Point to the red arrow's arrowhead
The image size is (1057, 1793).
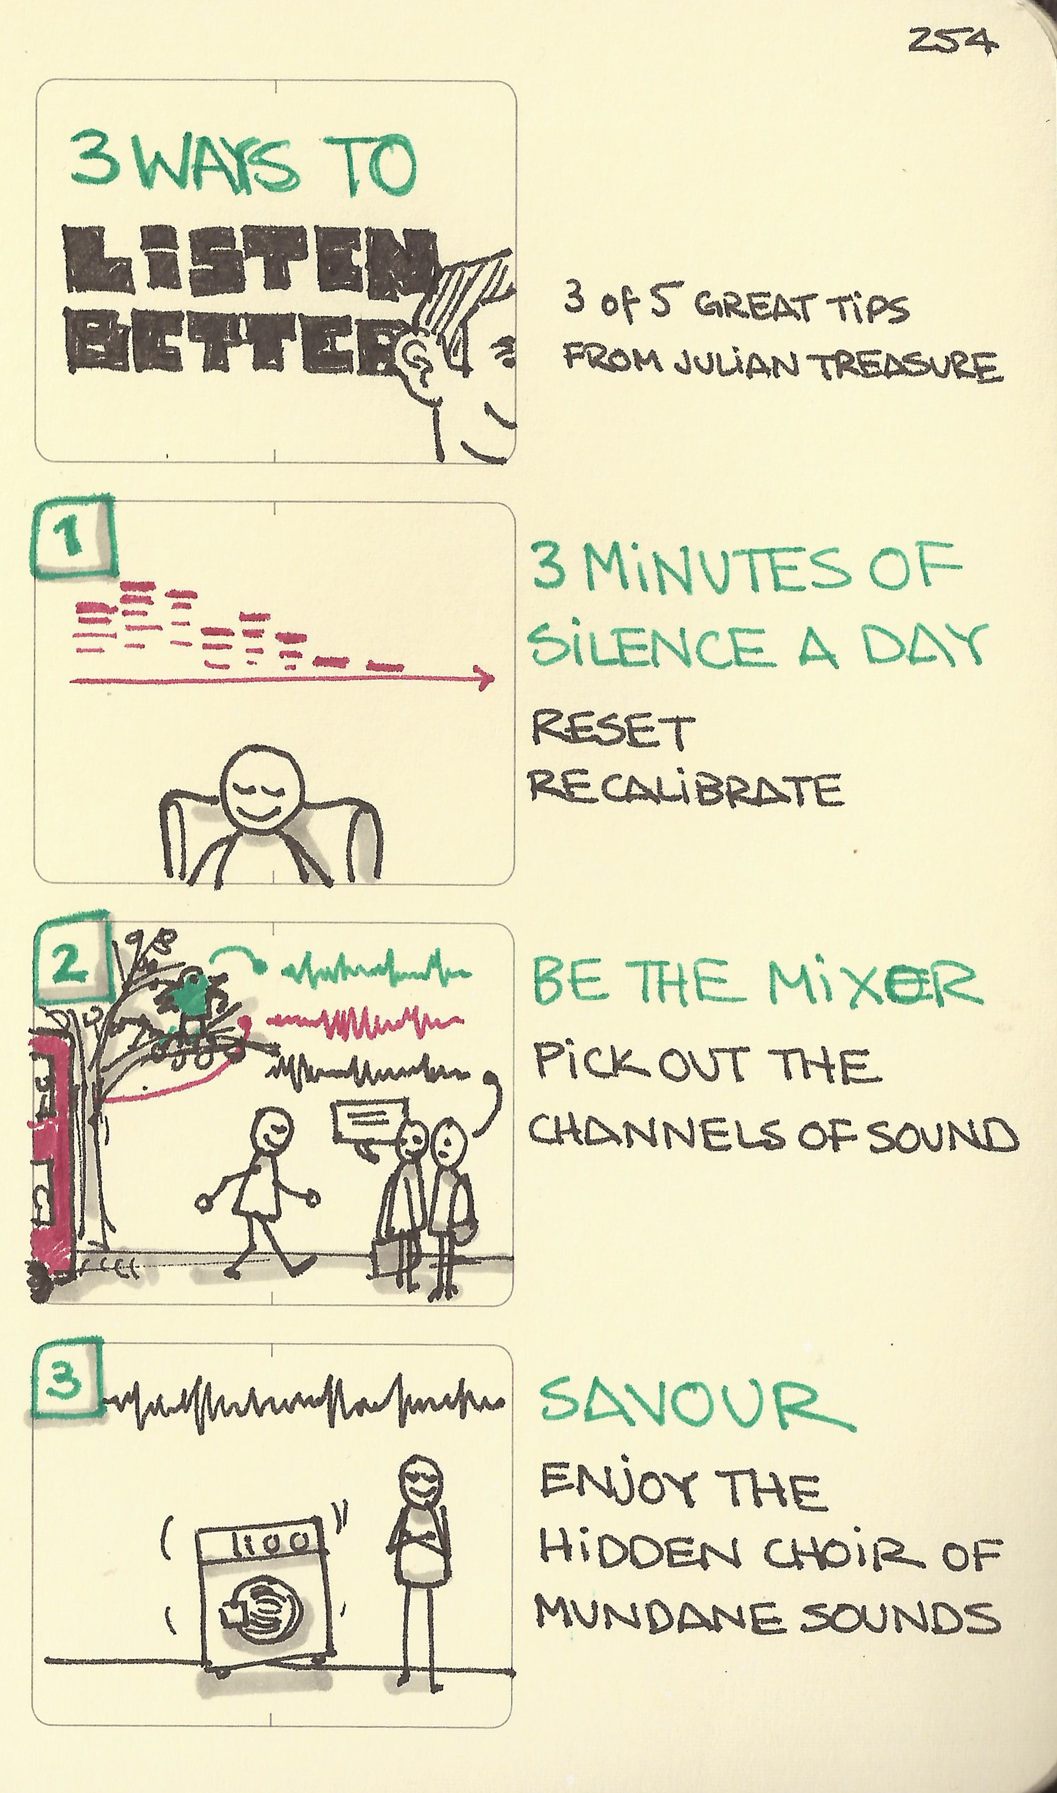click(x=486, y=678)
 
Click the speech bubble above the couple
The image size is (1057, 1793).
click(x=369, y=1121)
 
